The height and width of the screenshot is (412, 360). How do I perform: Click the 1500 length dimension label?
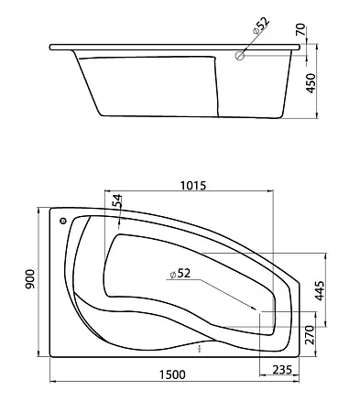[x=172, y=374]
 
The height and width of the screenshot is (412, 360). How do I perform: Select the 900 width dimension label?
[x=30, y=279]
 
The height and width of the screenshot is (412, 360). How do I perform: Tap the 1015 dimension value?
[x=193, y=185]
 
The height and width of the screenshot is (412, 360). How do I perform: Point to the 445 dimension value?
[x=319, y=291]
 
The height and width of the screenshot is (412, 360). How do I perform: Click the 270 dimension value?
[x=310, y=335]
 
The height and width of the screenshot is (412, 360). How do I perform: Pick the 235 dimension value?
[x=282, y=370]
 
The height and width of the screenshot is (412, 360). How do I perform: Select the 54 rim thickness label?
[x=117, y=201]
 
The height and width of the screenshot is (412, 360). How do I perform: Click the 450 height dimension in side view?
[x=311, y=83]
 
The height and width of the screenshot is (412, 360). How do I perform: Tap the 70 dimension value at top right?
[x=300, y=29]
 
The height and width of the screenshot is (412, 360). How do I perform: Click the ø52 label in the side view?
[x=260, y=26]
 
